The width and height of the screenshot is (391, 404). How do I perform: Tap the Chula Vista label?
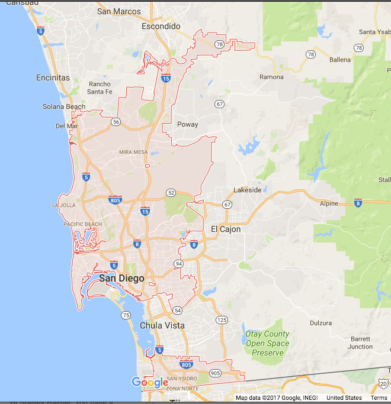(x=162, y=325)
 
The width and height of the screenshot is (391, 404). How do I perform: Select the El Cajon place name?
(x=226, y=229)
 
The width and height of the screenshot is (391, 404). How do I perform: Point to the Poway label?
(x=187, y=124)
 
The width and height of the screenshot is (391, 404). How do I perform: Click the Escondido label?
(x=161, y=26)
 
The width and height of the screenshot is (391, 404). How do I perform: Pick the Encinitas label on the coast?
(x=53, y=77)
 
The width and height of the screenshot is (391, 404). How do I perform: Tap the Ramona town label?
(x=271, y=77)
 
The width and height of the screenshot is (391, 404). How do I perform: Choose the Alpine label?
(x=328, y=203)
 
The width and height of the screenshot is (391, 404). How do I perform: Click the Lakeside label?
(x=247, y=190)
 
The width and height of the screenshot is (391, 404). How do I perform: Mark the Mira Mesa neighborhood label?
(x=133, y=152)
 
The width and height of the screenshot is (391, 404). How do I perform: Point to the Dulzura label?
(x=321, y=323)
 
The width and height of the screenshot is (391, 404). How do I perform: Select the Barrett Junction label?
(x=360, y=343)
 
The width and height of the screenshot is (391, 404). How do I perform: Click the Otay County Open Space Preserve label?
(x=268, y=343)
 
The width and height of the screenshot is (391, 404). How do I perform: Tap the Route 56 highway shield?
(x=116, y=122)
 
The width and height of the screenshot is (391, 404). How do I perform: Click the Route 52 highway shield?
(x=171, y=192)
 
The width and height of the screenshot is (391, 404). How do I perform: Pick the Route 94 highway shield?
(x=178, y=263)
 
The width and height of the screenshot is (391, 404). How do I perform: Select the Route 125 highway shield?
(x=222, y=320)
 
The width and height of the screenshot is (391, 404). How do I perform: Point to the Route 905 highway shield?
(x=214, y=373)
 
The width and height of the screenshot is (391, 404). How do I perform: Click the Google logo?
(x=150, y=383)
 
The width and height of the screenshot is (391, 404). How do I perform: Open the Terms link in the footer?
(x=379, y=398)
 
